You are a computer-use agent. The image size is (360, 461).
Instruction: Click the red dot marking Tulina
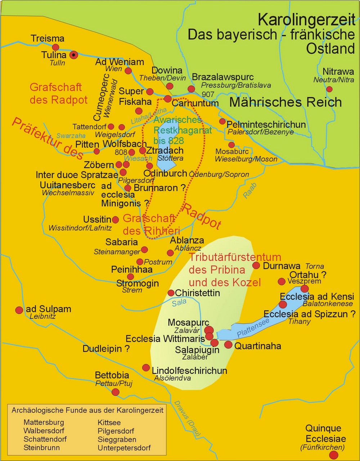point(73,55)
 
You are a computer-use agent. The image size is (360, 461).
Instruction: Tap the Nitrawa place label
point(338,72)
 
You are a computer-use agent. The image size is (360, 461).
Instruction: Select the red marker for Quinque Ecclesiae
point(334,455)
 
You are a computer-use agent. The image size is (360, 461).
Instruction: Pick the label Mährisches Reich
point(285,102)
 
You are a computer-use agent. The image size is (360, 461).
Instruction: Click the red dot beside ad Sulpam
point(19,310)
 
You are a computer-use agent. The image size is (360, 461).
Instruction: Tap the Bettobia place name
point(112,376)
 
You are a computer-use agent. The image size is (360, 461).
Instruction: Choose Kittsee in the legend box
point(109,422)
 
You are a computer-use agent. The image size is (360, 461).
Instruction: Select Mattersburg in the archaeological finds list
point(44,422)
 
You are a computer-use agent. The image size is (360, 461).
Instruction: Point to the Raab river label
point(250,191)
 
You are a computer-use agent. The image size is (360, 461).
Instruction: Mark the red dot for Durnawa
point(256,265)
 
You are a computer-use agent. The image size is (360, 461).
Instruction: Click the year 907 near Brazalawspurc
point(208,94)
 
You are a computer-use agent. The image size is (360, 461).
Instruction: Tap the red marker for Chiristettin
point(171,293)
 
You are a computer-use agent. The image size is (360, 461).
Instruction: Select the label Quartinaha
point(257,346)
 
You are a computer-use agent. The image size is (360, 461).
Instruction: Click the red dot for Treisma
point(55,47)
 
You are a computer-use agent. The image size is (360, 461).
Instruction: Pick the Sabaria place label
point(122,242)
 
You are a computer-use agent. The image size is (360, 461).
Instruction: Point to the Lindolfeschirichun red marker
point(146,368)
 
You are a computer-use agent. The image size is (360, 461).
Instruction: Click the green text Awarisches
point(177,120)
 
